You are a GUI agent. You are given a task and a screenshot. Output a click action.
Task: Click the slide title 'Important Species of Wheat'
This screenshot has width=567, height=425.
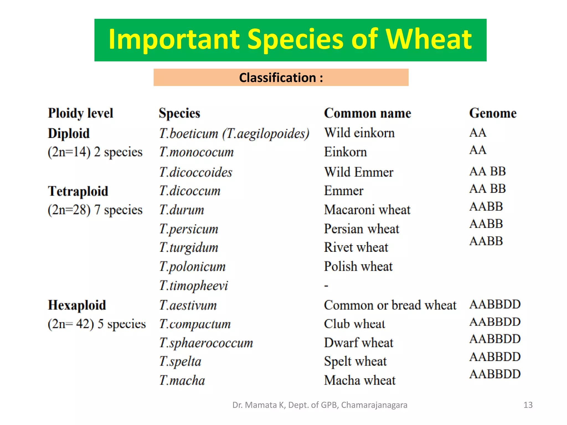(290, 40)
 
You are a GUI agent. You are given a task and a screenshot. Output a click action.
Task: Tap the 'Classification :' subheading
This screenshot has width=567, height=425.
(281, 77)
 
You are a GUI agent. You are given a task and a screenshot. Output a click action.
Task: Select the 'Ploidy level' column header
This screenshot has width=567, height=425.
(81, 113)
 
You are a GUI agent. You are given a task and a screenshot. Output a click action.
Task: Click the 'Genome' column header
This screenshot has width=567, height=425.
(493, 113)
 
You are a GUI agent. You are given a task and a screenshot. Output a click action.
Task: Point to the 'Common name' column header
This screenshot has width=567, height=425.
(367, 113)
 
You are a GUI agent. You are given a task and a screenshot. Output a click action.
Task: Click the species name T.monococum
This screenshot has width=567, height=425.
(196, 152)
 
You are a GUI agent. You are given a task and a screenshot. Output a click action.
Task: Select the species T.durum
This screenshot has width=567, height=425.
(182, 210)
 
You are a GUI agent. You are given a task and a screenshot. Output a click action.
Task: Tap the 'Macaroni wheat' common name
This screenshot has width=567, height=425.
(367, 210)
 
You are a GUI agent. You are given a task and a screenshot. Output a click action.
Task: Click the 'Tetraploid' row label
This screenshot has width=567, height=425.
(78, 191)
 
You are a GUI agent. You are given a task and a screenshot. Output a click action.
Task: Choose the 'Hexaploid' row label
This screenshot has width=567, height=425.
(77, 305)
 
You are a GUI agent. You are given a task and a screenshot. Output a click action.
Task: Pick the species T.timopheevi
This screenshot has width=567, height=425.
(194, 286)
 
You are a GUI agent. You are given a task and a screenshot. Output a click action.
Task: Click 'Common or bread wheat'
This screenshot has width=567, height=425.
(390, 305)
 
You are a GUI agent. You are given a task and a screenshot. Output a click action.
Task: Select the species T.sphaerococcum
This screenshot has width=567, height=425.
(206, 343)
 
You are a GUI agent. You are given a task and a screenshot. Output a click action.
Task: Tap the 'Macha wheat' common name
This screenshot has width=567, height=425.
(360, 380)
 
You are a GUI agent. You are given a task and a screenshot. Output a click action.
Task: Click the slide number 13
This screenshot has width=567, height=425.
(528, 405)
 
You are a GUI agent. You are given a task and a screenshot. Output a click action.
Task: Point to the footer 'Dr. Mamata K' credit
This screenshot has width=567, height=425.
(320, 405)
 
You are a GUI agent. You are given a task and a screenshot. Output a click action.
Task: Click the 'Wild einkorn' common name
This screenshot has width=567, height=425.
(359, 133)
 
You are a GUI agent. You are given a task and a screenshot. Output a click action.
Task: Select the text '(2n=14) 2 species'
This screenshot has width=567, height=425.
(95, 152)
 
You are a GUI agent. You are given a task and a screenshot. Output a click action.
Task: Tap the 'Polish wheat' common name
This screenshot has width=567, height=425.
(358, 266)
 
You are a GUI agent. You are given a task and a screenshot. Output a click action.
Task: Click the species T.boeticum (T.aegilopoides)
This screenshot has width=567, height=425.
(234, 133)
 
